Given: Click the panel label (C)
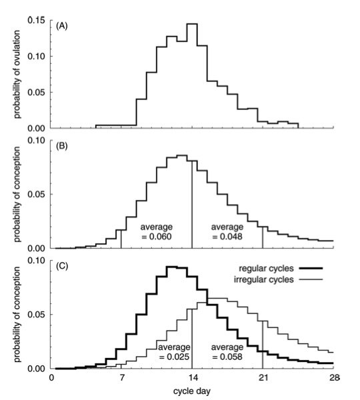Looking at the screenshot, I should point(64,263).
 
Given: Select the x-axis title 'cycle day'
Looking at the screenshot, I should point(193,391).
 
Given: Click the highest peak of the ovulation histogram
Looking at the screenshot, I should point(192,24).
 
